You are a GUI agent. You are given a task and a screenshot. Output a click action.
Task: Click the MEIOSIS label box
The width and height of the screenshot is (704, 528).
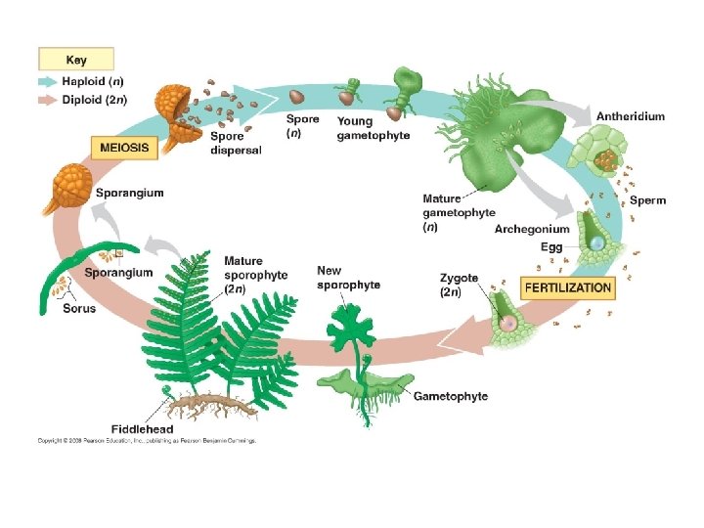(x=124, y=149)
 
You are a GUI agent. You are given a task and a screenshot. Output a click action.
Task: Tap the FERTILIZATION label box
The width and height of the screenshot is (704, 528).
(x=569, y=288)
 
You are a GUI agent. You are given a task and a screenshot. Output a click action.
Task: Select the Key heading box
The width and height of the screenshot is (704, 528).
(x=76, y=59)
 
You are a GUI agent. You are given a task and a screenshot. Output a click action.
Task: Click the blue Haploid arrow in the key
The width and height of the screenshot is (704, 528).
(x=48, y=82)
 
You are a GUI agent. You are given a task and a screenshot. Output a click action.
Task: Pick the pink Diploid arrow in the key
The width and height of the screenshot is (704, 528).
(x=48, y=99)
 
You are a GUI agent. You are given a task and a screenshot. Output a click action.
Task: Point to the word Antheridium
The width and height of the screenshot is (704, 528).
(x=631, y=116)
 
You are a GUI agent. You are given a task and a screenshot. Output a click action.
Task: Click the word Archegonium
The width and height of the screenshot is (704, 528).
(x=531, y=230)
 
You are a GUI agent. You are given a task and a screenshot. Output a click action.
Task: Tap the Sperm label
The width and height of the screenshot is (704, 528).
(x=647, y=200)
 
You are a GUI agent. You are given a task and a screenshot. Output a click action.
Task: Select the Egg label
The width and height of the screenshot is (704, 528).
(x=551, y=247)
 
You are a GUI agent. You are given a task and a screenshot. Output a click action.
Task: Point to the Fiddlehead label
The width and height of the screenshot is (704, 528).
(x=143, y=428)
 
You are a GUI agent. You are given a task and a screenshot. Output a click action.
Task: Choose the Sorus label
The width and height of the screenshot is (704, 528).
(x=79, y=308)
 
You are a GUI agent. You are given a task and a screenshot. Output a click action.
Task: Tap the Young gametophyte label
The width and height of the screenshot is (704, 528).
(x=374, y=128)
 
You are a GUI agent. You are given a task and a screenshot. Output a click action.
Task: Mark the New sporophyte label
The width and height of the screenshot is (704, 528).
(x=348, y=277)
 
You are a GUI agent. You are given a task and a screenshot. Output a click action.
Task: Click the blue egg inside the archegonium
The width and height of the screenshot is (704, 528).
(x=594, y=242)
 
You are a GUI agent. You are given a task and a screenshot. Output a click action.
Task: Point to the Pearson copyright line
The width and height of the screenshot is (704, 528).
(x=147, y=441)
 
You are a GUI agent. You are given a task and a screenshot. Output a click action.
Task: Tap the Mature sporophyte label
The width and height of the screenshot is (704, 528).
(x=255, y=275)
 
